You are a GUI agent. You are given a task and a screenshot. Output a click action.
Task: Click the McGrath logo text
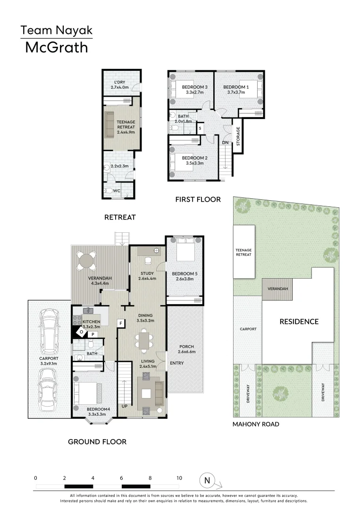pos(56,47)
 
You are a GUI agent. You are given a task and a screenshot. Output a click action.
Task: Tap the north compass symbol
pos(206,480)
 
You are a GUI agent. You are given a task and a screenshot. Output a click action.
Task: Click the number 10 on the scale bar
pos(179,478)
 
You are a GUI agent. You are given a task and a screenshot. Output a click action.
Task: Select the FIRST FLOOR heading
pos(198,199)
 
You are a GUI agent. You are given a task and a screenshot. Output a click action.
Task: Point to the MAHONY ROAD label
pos(256,424)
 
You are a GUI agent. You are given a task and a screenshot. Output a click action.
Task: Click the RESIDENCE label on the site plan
pos(299,322)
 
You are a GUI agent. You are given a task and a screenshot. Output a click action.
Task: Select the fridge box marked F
pos(121,323)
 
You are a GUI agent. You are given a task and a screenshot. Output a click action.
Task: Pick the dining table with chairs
pos(144,341)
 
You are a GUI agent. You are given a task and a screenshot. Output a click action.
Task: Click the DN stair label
pos(225,142)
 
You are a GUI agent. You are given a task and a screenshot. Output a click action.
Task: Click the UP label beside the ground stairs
pos(124,406)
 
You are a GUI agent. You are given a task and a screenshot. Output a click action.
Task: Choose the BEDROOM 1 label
pos(236,87)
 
